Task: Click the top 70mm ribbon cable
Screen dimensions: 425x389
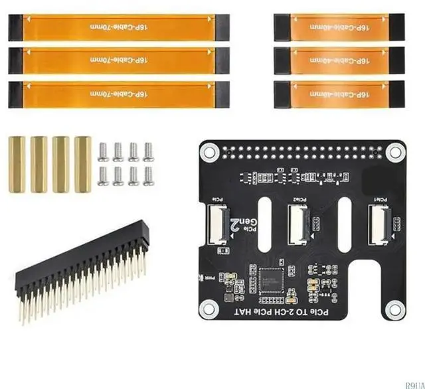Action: point(120,27)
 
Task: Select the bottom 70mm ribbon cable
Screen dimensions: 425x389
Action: point(120,94)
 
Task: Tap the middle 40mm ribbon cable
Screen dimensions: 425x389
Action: point(339,60)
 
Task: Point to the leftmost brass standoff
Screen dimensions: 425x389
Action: point(17,164)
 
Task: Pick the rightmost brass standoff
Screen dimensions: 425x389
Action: point(82,164)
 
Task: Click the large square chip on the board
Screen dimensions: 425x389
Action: point(272,279)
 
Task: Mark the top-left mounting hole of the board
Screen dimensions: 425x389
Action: point(210,153)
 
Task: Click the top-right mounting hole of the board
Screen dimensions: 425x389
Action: point(395,153)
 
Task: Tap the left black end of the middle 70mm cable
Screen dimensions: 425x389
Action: point(15,60)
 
